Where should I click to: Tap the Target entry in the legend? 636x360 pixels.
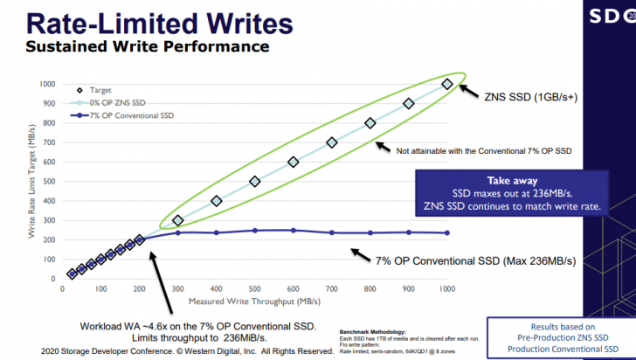[x=100, y=90]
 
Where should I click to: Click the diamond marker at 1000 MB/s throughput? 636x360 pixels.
[x=447, y=84]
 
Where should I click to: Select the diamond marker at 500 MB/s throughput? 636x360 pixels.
[x=254, y=182]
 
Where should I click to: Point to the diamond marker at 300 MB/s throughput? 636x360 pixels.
[x=177, y=220]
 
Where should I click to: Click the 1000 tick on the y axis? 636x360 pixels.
[x=48, y=84]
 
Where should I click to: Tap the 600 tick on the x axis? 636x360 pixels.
[x=293, y=288]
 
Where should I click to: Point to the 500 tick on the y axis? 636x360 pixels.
[x=50, y=182]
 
